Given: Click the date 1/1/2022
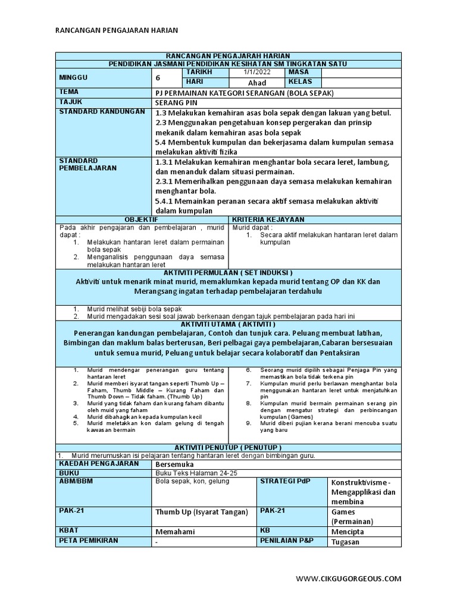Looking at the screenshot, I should (256, 72).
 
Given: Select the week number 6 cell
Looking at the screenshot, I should (158, 77).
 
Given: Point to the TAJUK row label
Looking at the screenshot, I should (70, 102).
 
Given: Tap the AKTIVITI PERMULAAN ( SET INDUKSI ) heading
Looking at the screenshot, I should (227, 272).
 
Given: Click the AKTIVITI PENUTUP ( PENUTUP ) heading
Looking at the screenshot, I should (227, 447).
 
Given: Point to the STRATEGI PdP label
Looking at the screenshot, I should (285, 481).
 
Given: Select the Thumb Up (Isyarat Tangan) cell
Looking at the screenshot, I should (201, 512).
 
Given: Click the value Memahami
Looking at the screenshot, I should (175, 532).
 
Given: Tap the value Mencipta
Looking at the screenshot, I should (348, 532).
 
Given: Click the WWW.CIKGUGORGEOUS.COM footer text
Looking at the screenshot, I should (349, 578).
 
